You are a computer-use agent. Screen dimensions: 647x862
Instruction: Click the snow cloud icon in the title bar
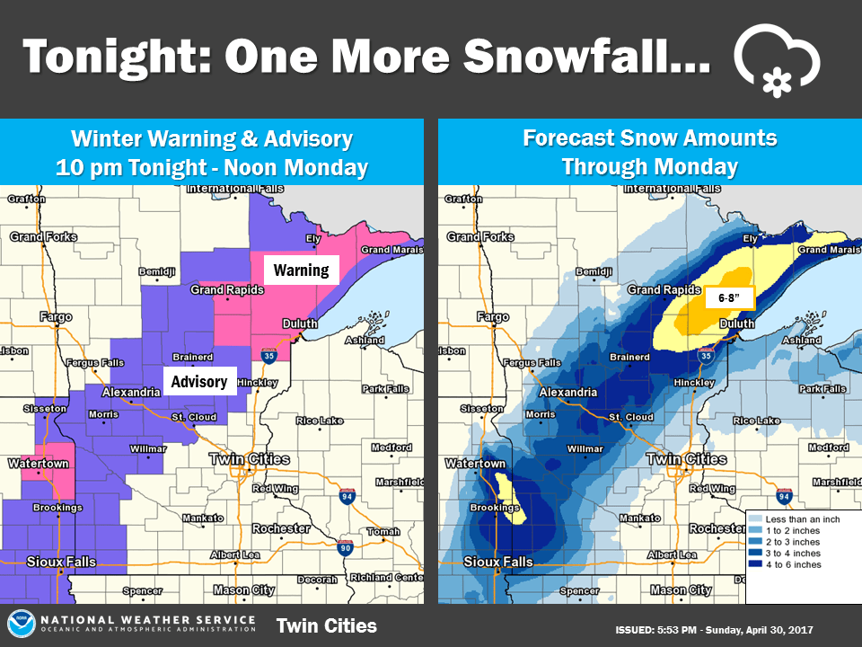pos(777,60)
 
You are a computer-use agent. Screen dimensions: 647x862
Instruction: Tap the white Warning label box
pos(301,270)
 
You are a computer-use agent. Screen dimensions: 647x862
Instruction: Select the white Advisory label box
pos(199,382)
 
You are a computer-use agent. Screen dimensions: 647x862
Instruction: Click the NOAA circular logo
pos(22,625)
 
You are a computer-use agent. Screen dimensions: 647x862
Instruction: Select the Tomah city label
pos(383,531)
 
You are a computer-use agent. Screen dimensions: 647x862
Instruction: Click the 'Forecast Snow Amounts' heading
pos(649,138)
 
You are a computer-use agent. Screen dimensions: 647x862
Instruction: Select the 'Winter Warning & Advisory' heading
pos(211,139)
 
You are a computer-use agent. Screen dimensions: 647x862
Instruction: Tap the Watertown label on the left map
pos(38,464)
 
